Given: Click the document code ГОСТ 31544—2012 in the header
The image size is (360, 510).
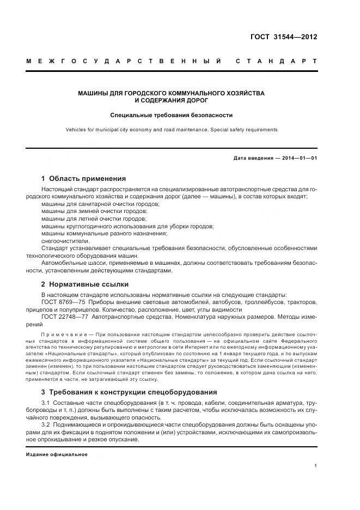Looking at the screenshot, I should pyautogui.click(x=283, y=37).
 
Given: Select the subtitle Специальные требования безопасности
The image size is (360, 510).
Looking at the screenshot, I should pyautogui.click(x=172, y=115).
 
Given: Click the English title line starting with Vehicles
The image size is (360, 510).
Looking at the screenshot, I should pyautogui.click(x=172, y=130).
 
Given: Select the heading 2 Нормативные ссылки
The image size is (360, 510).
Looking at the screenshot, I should pyautogui.click(x=85, y=284).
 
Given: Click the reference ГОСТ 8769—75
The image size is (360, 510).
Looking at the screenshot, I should pyautogui.click(x=61, y=302).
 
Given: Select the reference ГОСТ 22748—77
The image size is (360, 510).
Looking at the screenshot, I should pyautogui.click(x=63, y=317).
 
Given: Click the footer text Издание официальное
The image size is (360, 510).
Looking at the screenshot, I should pyautogui.click(x=57, y=454).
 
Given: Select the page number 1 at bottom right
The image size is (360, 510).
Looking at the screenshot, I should pyautogui.click(x=315, y=466).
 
